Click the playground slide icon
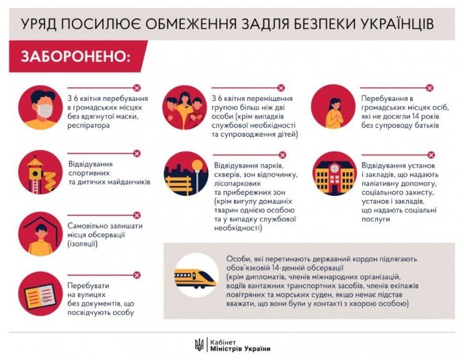42,174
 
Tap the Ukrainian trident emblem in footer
198,344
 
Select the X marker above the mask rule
137,87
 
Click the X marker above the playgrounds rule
137,153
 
